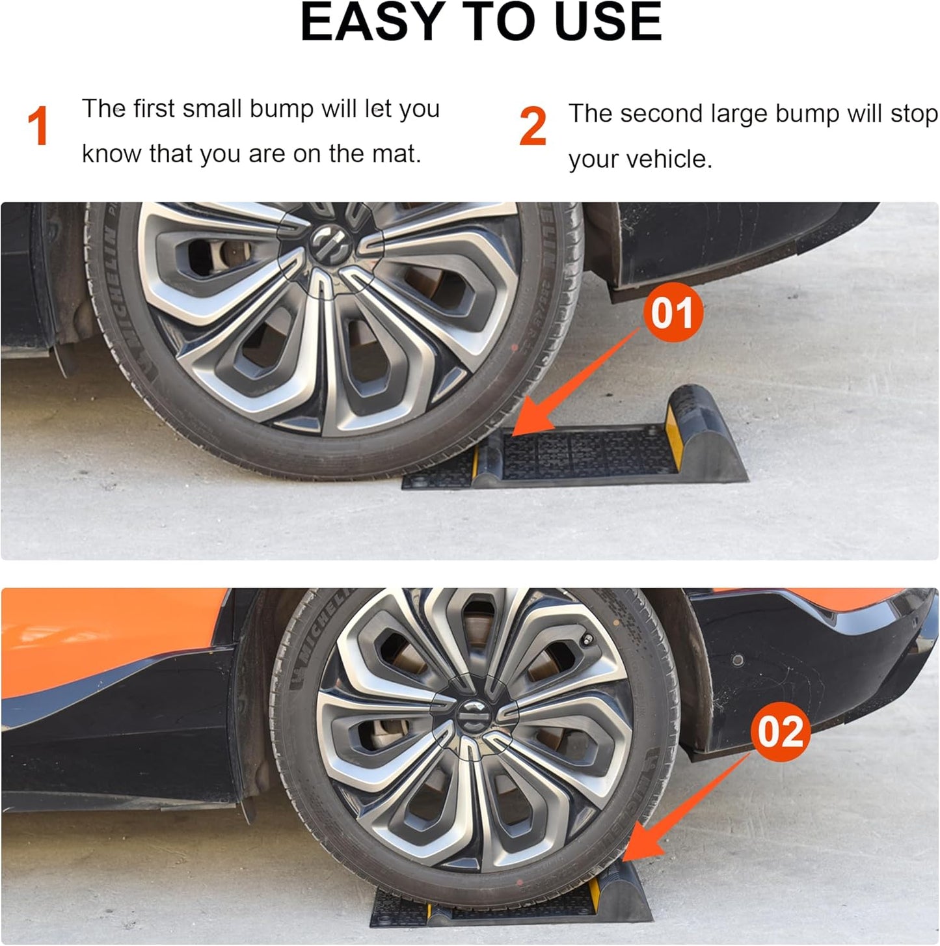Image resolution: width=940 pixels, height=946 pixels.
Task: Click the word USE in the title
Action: (x=608, y=23)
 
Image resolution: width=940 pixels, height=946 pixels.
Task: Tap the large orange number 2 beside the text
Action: (x=533, y=127)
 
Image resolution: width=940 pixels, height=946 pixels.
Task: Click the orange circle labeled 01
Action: (x=673, y=313)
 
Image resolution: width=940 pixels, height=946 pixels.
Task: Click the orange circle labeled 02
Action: (x=780, y=732)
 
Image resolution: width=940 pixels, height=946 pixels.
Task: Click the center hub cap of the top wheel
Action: (x=332, y=246)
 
